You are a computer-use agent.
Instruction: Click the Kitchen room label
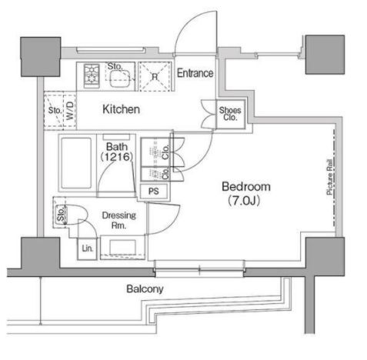[x=121, y=109]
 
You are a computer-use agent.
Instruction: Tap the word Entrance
[x=195, y=73]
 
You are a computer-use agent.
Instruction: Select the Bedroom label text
[x=246, y=187]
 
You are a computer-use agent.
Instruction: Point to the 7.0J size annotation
[x=244, y=201]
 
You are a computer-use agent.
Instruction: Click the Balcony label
[x=145, y=289]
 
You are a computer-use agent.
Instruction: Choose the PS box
[x=154, y=191]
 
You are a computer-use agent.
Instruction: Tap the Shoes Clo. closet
[x=230, y=114]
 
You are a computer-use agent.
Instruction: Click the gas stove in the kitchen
[x=92, y=76]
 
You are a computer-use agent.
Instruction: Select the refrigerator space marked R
[x=155, y=76]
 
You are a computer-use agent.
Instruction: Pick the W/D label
[x=70, y=111]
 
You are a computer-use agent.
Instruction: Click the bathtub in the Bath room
[x=76, y=163]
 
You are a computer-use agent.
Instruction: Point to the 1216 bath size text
[x=117, y=157]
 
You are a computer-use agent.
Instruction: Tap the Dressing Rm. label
[x=118, y=220]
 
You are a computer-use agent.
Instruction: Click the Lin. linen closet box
[x=88, y=248]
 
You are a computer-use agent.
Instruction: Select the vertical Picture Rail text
[x=329, y=177]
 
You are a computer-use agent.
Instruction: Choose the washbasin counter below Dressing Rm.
[x=122, y=247]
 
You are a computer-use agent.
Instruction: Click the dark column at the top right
[x=325, y=55]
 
